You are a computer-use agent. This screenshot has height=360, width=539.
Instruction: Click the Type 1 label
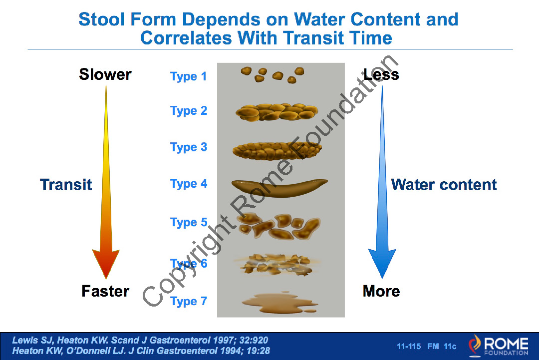point(188,76)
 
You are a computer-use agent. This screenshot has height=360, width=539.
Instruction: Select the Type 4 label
point(188,184)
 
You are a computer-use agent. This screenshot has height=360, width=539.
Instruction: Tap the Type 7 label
point(188,301)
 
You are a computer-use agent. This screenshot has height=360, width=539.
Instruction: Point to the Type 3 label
point(188,147)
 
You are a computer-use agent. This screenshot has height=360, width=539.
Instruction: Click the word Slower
point(105,74)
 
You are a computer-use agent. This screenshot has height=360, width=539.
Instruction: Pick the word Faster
point(105,291)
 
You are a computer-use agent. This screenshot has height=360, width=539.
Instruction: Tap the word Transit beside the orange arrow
point(66,185)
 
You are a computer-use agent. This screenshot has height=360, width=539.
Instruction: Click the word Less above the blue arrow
point(381,74)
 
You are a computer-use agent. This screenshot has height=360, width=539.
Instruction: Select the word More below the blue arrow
point(381,291)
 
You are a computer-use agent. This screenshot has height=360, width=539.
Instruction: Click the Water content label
point(444,185)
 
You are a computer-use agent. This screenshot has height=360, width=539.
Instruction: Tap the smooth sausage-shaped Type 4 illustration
point(279,188)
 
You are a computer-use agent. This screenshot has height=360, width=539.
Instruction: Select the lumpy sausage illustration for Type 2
point(276,112)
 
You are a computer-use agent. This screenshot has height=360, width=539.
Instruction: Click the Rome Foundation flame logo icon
point(475,345)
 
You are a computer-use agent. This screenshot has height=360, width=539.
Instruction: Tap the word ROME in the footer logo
point(507,344)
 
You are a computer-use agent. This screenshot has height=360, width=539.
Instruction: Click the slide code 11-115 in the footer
point(409,346)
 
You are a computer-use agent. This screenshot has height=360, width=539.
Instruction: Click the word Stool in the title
point(102,19)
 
